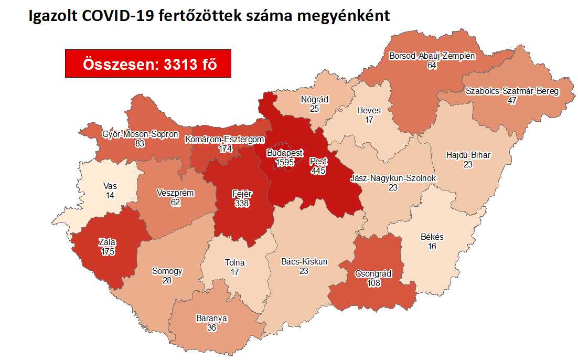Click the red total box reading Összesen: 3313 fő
[x=148, y=63]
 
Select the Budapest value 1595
[x=284, y=162]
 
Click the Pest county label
[x=318, y=162]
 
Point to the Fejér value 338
[x=242, y=203]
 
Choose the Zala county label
[x=108, y=242]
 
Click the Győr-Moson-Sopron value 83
[x=140, y=143]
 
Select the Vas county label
[x=110, y=185]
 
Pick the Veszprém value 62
[x=175, y=202]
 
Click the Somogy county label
[x=167, y=271]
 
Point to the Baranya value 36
[x=212, y=327]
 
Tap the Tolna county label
[x=234, y=263]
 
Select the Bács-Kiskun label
[x=304, y=261]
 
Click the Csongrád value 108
[x=374, y=283]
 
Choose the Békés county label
[x=432, y=237]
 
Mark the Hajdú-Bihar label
[x=468, y=155]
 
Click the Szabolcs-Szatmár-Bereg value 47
[x=512, y=101]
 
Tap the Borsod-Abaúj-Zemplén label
[x=432, y=56]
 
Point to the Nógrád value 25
[x=315, y=109]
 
